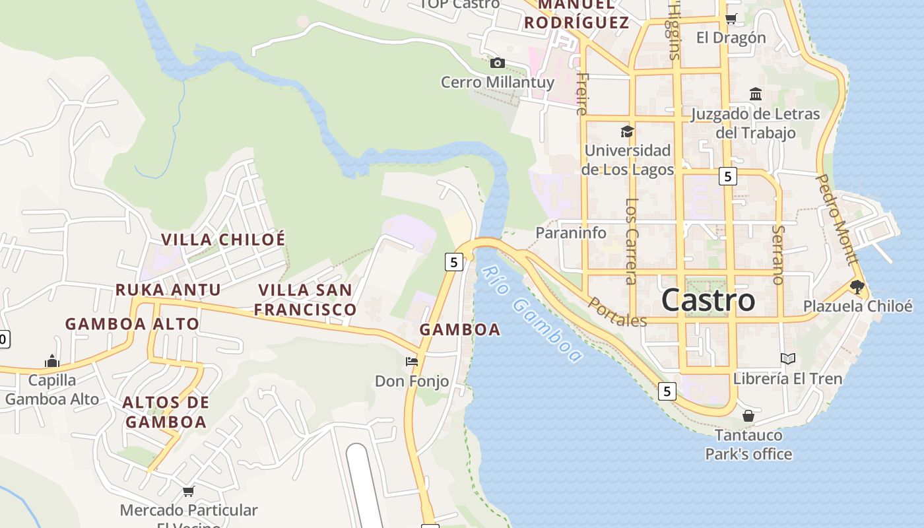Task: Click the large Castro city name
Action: (x=708, y=300)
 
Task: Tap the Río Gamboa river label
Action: (x=532, y=313)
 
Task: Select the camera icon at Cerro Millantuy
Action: (x=498, y=63)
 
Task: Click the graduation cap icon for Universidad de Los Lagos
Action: (x=627, y=131)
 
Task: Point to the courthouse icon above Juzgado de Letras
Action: (x=756, y=94)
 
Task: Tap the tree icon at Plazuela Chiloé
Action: (x=857, y=286)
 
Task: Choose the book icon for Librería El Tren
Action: (x=787, y=358)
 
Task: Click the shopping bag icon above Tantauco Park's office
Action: (x=748, y=416)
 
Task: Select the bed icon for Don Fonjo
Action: (x=412, y=361)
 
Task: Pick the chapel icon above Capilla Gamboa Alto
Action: (x=52, y=361)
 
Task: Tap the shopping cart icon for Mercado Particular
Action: (x=188, y=491)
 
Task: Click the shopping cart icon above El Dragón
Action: (x=731, y=18)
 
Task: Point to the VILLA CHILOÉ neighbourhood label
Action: (x=224, y=239)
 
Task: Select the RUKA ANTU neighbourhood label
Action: (x=168, y=290)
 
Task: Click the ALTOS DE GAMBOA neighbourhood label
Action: (x=166, y=412)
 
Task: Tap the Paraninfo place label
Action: (x=571, y=232)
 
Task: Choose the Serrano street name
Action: (x=778, y=255)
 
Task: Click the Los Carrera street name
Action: (x=632, y=241)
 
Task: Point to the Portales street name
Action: (x=617, y=312)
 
